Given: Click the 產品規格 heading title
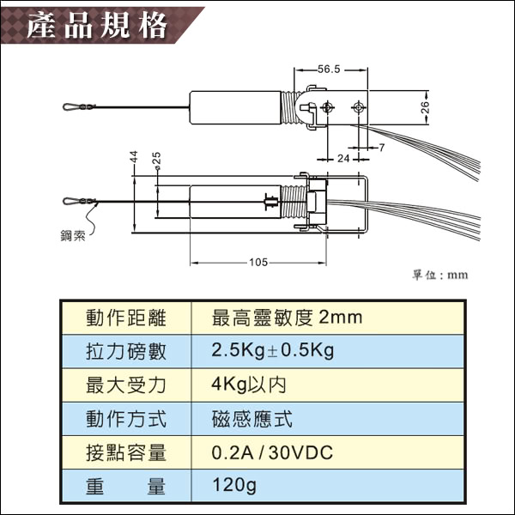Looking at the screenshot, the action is pyautogui.click(x=97, y=26).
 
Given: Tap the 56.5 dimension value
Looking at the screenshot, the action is pyautogui.click(x=329, y=70).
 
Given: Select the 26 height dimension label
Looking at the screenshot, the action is pyautogui.click(x=425, y=107).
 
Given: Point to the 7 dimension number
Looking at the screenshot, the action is pyautogui.click(x=381, y=148).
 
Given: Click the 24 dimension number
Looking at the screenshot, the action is pyautogui.click(x=343, y=159).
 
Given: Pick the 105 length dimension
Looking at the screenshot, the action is pyautogui.click(x=258, y=262).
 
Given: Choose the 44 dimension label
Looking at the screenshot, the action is pyautogui.click(x=134, y=157).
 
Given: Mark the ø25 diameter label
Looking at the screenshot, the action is pyautogui.click(x=157, y=161).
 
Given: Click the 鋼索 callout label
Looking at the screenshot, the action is pyautogui.click(x=73, y=235).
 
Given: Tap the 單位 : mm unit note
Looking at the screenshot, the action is pyautogui.click(x=440, y=275).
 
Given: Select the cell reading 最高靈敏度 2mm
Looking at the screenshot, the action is pyautogui.click(x=287, y=318).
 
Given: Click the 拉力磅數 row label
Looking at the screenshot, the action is pyautogui.click(x=126, y=351).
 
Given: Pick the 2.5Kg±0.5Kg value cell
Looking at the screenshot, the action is pyautogui.click(x=273, y=350).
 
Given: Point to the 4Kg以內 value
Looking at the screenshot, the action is pyautogui.click(x=249, y=385).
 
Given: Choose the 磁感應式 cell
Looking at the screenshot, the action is pyautogui.click(x=251, y=419).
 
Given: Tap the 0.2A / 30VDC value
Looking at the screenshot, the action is pyautogui.click(x=272, y=452).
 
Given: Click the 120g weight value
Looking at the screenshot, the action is pyautogui.click(x=234, y=485).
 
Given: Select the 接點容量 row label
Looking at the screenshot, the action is pyautogui.click(x=126, y=452).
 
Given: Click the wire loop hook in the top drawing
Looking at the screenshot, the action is pyautogui.click(x=70, y=106).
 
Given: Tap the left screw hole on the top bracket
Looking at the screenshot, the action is pyautogui.click(x=327, y=107).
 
